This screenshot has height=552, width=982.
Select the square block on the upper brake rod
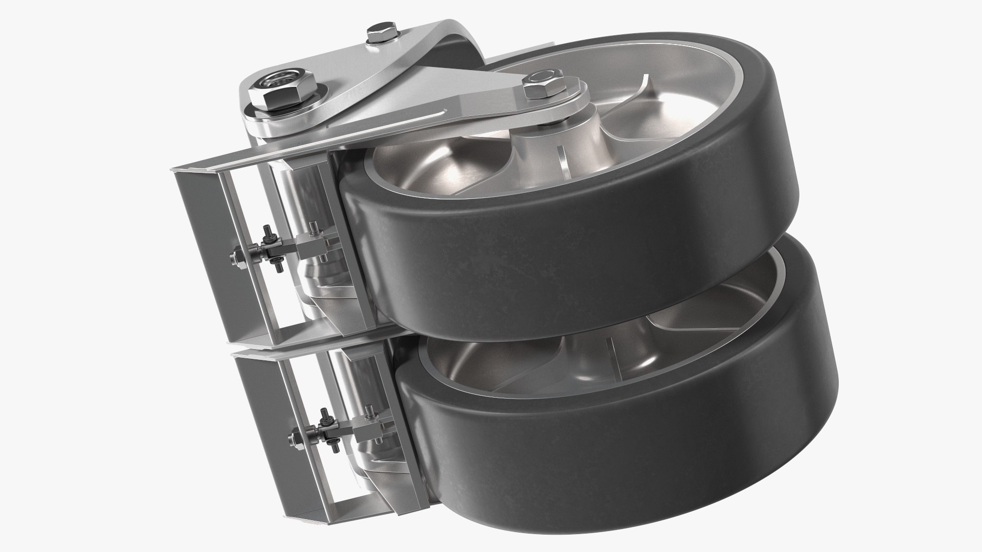click(313, 245)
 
